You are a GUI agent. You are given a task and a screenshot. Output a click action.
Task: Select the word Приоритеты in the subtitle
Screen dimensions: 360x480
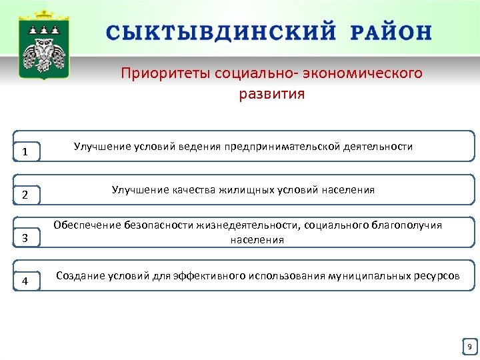coord(165,73)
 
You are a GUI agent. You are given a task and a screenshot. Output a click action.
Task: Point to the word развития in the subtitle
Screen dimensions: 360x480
coord(271,94)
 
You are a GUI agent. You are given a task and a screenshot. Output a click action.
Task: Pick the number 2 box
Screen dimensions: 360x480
coord(25,195)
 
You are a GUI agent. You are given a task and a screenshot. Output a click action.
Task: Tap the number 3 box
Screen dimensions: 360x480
coord(25,238)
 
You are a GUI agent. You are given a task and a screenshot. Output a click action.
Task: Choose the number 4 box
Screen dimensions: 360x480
coord(25,281)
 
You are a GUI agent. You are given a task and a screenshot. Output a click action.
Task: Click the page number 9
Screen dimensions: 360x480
coord(469,347)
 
